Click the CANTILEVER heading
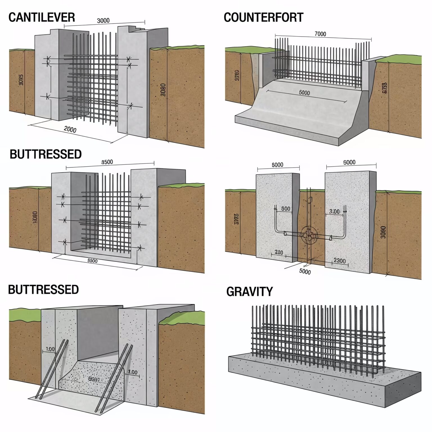pos(42,17)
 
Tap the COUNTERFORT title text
pos(264,17)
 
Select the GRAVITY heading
pos(249,292)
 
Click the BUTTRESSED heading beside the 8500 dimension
pos(46,154)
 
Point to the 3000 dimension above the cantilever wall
pos(103,21)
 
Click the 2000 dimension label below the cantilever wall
pos(70,129)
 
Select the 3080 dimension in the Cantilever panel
pos(163,89)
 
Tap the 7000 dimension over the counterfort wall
pos(320,34)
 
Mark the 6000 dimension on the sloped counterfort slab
pos(304,93)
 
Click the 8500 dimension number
pos(107,162)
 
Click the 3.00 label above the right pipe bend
pos(334,211)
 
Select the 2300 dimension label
pos(339,261)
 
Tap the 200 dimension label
pos(278,252)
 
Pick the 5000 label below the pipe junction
pos(305,272)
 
